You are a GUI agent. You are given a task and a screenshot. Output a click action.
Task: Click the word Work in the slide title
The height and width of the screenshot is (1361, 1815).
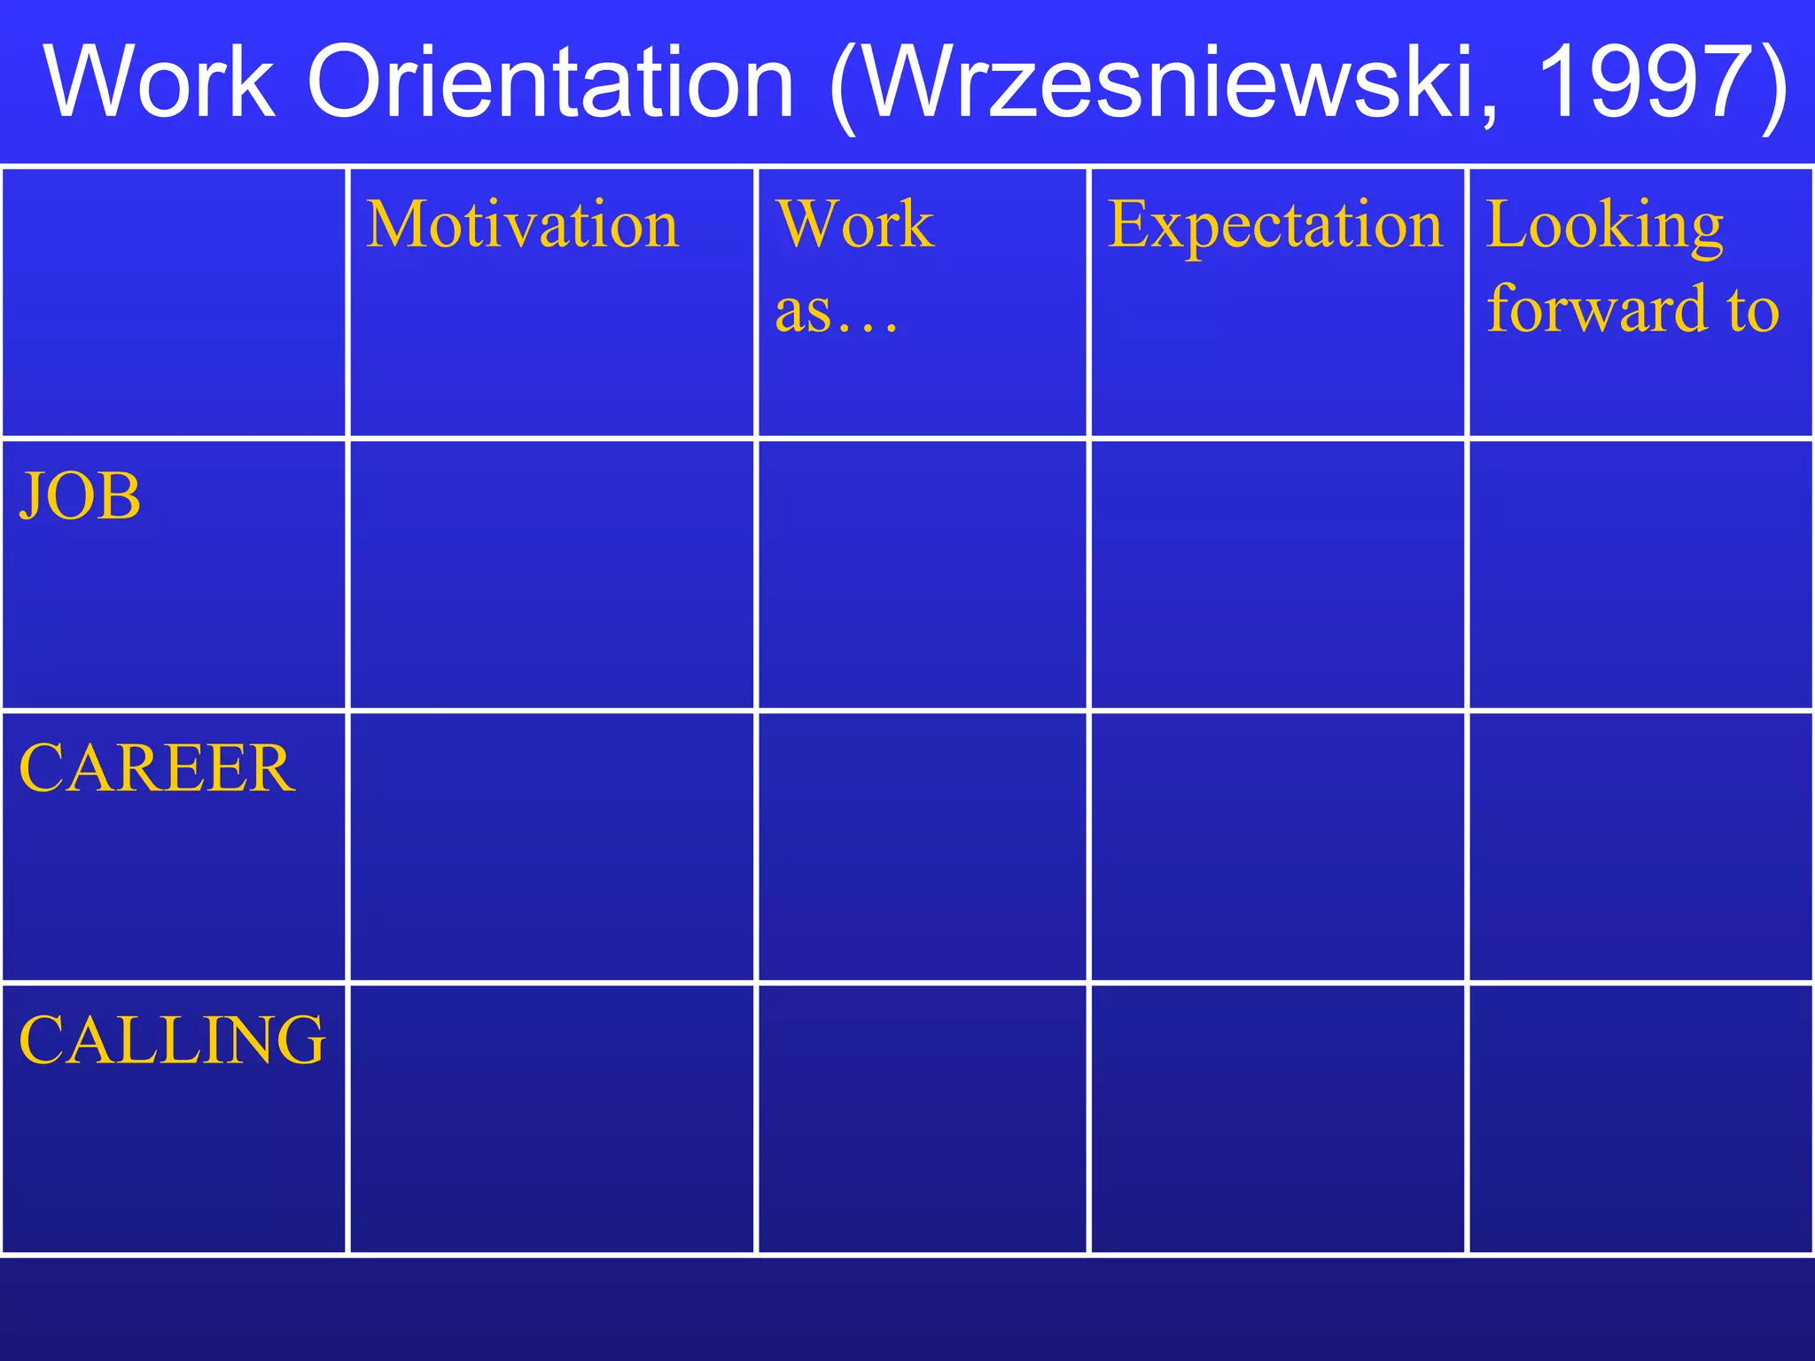tap(160, 82)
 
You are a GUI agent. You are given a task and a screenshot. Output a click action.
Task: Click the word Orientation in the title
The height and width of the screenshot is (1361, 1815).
tap(550, 82)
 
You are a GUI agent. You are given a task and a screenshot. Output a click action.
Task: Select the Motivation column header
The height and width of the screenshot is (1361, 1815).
tap(523, 225)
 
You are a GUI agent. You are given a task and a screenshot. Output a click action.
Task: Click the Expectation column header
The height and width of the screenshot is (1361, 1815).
tap(1275, 225)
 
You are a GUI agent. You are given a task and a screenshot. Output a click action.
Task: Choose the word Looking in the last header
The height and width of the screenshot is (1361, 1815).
tap(1604, 225)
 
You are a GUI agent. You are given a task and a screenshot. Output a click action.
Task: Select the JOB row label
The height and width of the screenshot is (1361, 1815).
tap(81, 496)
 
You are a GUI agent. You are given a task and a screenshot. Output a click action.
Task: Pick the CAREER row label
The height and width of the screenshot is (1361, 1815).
tap(157, 768)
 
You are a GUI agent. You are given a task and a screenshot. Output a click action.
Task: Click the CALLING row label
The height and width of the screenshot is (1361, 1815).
tap(172, 1039)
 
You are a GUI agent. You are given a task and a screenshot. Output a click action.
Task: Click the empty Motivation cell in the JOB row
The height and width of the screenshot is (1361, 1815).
tap(551, 575)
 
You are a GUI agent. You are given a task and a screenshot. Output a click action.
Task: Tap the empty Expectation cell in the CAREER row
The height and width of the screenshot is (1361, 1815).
tap(1277, 847)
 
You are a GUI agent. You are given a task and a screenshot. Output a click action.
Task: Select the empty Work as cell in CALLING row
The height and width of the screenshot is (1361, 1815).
tap(922, 1118)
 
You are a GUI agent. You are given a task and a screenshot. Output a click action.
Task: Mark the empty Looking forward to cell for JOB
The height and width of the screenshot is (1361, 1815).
tap(1640, 575)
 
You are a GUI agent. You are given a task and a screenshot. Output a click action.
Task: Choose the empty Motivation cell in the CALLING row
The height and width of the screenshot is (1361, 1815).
tap(551, 1118)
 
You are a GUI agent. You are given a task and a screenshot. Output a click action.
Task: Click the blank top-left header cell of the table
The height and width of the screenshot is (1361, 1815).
tap(174, 302)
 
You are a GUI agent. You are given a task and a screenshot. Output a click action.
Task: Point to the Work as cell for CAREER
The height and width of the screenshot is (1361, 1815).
tap(922, 847)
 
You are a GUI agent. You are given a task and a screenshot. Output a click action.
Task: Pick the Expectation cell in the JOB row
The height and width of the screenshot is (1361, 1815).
tap(1277, 575)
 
